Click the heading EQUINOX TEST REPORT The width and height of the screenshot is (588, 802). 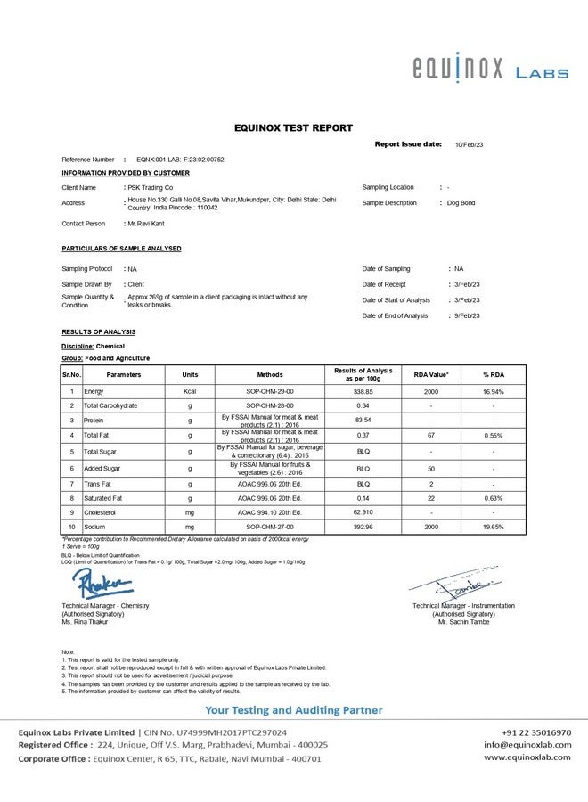point(293,128)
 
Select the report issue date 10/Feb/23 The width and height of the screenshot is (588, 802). point(469,143)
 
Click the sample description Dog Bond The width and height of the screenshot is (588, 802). point(461,203)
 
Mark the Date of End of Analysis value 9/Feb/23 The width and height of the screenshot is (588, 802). point(468,316)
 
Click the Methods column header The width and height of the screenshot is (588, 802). point(270,375)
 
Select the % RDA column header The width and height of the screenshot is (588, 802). point(494,375)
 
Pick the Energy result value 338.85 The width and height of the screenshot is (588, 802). point(363,391)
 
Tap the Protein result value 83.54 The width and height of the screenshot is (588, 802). point(363,420)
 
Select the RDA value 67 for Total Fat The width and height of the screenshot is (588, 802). point(430,435)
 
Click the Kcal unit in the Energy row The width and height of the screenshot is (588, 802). point(190,391)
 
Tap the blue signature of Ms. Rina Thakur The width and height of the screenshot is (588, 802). point(103,585)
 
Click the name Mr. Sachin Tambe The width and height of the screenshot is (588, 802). point(463,622)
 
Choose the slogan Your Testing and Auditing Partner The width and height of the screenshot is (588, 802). point(293,710)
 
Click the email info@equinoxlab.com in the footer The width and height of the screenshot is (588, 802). point(527,744)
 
